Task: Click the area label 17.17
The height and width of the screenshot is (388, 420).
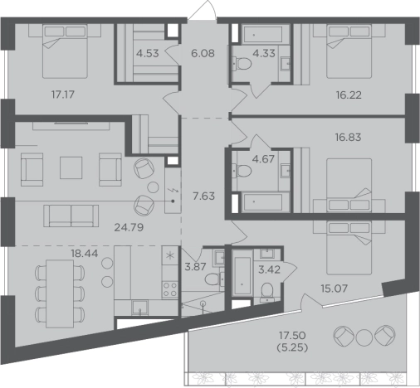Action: tap(63, 95)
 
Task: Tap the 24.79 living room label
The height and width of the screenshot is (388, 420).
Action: tap(129, 227)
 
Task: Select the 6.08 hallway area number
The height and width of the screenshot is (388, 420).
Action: tap(203, 53)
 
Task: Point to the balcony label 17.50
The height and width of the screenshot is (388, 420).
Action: tap(292, 335)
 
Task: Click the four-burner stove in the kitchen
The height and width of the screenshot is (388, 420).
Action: tap(170, 289)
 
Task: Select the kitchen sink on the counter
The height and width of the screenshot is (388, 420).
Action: tap(139, 308)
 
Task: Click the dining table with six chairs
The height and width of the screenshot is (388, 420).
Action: tap(60, 293)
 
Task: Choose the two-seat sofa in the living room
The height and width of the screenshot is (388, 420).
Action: tap(71, 216)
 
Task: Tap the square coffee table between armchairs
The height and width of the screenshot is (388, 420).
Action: tap(71, 167)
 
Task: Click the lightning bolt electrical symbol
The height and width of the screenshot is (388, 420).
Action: tap(173, 190)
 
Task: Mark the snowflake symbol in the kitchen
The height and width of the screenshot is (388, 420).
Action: tap(169, 255)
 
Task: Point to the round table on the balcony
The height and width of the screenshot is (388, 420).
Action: tap(364, 337)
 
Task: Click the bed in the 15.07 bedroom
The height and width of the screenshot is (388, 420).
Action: tap(349, 248)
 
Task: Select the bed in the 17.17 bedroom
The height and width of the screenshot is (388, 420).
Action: tap(65, 51)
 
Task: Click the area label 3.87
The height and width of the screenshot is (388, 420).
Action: tap(195, 267)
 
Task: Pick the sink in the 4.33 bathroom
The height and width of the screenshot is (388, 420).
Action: tap(286, 64)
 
